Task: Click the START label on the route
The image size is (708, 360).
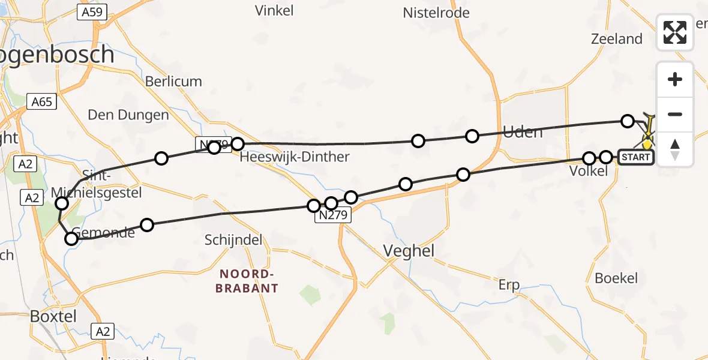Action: [x=635, y=157]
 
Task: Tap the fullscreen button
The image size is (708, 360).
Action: [x=675, y=32]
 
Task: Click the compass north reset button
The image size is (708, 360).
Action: [x=675, y=149]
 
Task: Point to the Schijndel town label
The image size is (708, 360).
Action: [x=233, y=240]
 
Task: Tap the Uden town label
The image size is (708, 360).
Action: [x=522, y=131]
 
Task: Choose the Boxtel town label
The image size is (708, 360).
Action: [x=53, y=316]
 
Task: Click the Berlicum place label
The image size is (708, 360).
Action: [x=174, y=82]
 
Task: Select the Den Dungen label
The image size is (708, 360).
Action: [x=128, y=114]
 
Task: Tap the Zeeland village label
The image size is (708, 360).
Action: [x=616, y=40]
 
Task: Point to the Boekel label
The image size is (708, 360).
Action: [x=616, y=278]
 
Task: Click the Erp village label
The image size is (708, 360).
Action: [x=509, y=284]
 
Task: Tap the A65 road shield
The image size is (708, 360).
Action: [x=42, y=101]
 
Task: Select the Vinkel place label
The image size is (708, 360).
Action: [x=274, y=10]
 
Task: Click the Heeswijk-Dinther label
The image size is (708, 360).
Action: [x=294, y=157]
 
